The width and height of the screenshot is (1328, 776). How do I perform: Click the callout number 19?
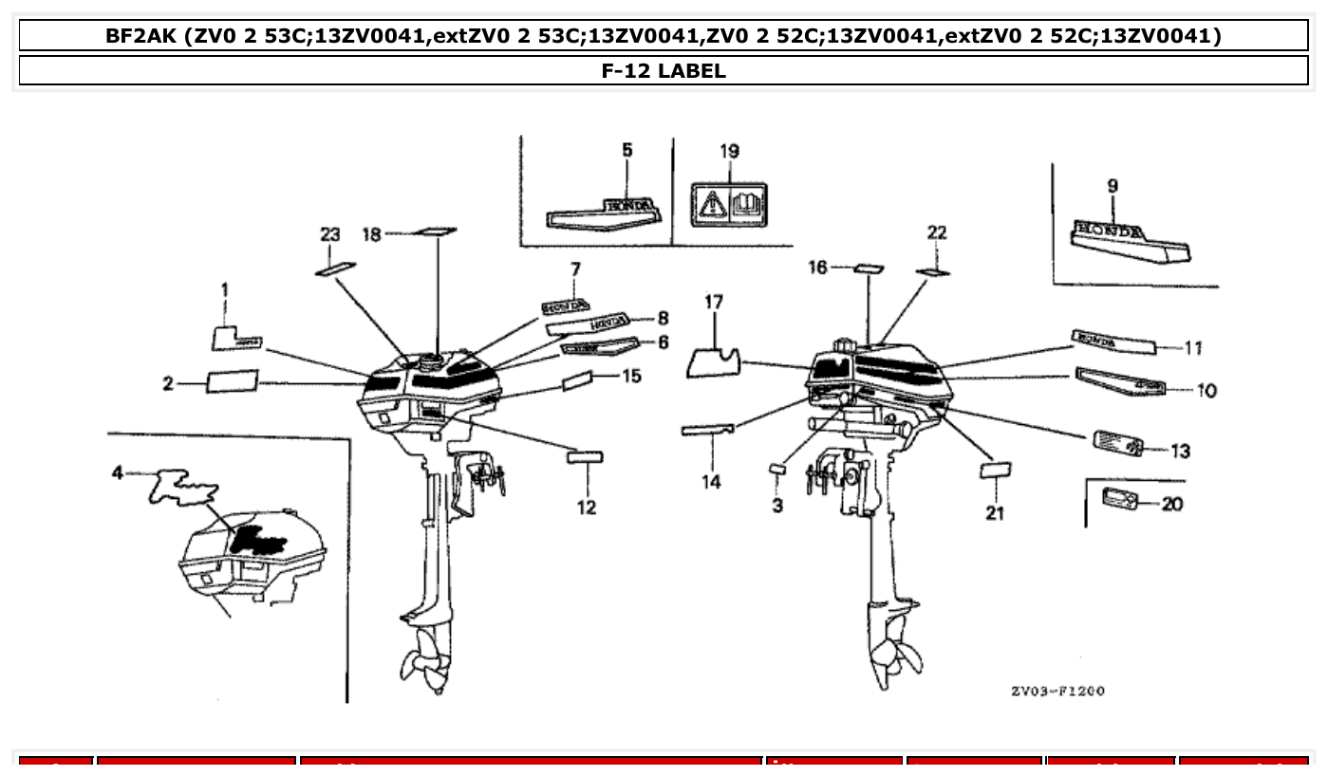click(729, 152)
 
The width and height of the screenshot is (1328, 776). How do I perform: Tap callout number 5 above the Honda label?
click(627, 151)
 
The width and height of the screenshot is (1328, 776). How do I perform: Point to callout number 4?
click(118, 471)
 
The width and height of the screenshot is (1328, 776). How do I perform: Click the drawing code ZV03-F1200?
click(1057, 692)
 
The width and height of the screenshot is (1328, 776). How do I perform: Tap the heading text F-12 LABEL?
click(664, 70)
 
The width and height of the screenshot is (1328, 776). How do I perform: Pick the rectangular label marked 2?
click(232, 381)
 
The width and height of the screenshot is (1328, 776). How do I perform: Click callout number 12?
click(586, 508)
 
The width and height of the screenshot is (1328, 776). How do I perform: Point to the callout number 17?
click(714, 303)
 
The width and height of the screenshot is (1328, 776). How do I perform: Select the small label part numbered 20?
click(1120, 498)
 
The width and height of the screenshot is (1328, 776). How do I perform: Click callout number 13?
click(1180, 452)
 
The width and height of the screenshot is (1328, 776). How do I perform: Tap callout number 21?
click(994, 513)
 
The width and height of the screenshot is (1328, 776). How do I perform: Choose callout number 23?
click(328, 233)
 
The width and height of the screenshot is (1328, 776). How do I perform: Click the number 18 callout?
click(373, 233)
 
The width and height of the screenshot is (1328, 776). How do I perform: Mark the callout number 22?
click(936, 233)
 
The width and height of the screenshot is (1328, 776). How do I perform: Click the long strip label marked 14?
click(707, 430)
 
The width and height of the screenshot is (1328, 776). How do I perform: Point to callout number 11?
click(1193, 348)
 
